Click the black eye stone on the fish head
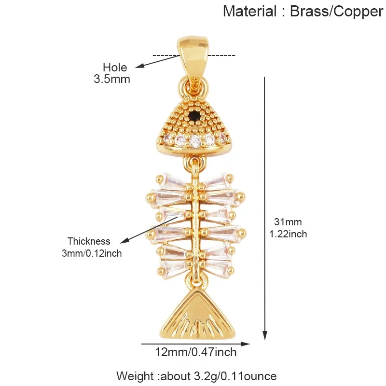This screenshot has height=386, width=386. pos(195,114)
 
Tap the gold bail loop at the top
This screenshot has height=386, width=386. pos(193,58)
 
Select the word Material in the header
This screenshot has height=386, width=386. pos(249,12)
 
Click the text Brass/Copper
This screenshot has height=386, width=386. pos(336,12)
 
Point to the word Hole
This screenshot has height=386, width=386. pos(115,67)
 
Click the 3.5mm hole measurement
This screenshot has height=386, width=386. pos(112,79)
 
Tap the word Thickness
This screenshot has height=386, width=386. pos(89,241)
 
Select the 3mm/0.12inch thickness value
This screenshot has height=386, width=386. pos(92,253)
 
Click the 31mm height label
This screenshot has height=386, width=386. pos(288,222)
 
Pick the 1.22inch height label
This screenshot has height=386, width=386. pos(288,234)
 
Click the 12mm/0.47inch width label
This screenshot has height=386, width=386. pos(195,352)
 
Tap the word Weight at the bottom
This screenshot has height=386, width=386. pos(135,376)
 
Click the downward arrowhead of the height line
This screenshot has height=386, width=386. pos(264,335)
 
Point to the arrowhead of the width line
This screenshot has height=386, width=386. pos(245,344)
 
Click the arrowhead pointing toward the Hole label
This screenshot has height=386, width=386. pos(139,66)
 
